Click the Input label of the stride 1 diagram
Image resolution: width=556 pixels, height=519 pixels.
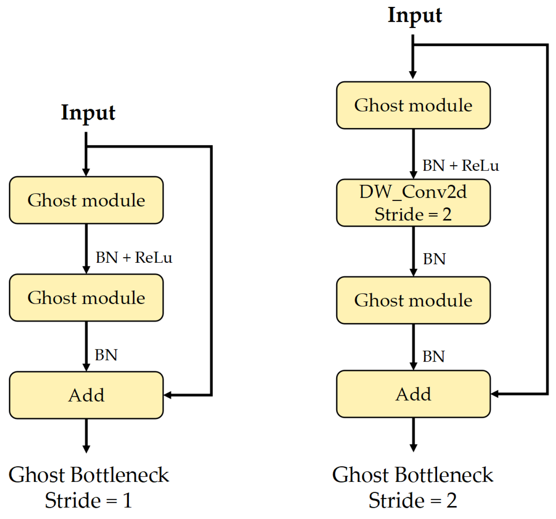88,113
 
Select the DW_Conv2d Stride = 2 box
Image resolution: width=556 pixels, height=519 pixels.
413,203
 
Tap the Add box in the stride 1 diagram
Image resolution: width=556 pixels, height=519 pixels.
86,395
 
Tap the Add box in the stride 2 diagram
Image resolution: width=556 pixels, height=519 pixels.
413,394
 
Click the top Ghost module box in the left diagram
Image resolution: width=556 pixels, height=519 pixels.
86,200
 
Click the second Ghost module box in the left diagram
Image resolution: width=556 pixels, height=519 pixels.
86,298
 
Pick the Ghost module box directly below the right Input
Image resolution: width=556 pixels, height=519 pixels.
413,105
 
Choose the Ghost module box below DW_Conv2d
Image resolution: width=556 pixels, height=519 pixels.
413,300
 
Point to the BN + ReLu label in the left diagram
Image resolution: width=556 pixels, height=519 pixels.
134,257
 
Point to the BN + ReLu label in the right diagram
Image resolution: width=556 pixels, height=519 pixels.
460,165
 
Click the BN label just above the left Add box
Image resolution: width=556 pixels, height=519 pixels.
106,355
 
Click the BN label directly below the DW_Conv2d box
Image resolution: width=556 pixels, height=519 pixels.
434,259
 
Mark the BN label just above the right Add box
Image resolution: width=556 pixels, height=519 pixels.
433,356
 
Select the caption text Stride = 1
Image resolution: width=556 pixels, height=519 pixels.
88,500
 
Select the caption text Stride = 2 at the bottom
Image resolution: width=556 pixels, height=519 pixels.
413,500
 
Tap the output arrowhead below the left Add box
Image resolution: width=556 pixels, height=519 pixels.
86,449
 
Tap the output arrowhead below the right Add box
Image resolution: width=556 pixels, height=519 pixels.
413,448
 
